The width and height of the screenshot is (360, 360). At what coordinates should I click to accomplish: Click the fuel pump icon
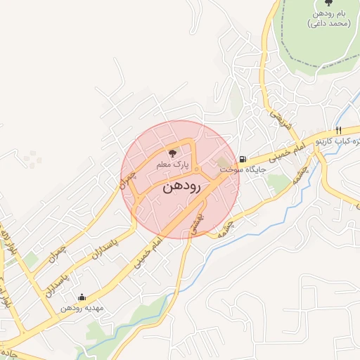pyautogui.click(x=243, y=160)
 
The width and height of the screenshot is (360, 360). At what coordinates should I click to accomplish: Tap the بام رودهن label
pyautogui.click(x=329, y=14)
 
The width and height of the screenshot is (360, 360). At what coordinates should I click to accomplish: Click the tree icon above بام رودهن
pyautogui.click(x=329, y=3)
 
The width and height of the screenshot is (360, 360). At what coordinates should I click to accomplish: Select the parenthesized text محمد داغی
pyautogui.click(x=329, y=24)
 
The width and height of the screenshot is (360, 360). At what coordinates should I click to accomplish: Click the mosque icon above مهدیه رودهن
pyautogui.click(x=82, y=297)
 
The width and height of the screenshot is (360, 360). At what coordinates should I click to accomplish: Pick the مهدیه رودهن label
pyautogui.click(x=82, y=308)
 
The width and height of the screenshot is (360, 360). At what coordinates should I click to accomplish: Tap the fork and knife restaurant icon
pyautogui.click(x=338, y=130)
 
